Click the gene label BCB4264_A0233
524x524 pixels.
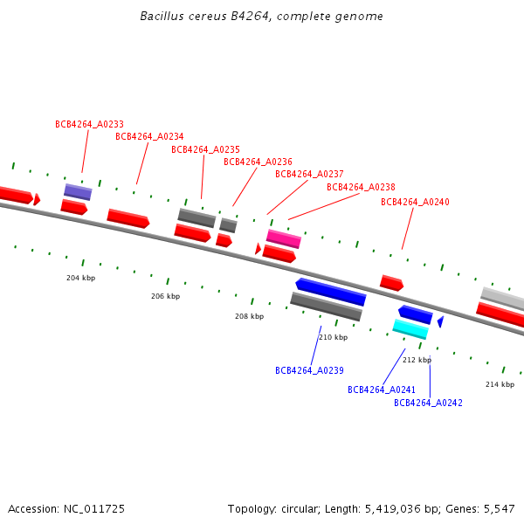pyautogui.click(x=89, y=124)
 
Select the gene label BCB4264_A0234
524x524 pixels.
pyautogui.click(x=149, y=136)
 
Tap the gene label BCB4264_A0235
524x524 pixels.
pyautogui.click(x=205, y=149)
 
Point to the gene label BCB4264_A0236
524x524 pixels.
pyautogui.click(x=258, y=162)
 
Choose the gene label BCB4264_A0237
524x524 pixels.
pyautogui.click(x=309, y=174)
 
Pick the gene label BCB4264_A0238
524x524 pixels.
pyautogui.click(x=361, y=187)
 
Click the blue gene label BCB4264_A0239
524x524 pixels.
pyautogui.click(x=309, y=370)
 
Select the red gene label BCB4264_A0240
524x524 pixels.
pyautogui.click(x=415, y=202)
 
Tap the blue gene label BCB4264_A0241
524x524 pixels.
pyautogui.click(x=382, y=390)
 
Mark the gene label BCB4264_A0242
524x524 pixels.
pyautogui.click(x=428, y=403)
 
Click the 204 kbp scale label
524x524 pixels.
pyautogui.click(x=80, y=278)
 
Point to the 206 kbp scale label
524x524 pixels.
pyautogui.click(x=165, y=296)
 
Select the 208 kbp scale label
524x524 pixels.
pyautogui.click(x=249, y=316)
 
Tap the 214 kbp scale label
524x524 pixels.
pyautogui.click(x=500, y=384)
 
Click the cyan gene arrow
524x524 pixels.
pyautogui.click(x=410, y=329)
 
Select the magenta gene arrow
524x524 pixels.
pyautogui.click(x=284, y=238)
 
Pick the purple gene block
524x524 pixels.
pyautogui.click(x=78, y=192)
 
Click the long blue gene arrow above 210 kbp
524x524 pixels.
pyautogui.click(x=330, y=292)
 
